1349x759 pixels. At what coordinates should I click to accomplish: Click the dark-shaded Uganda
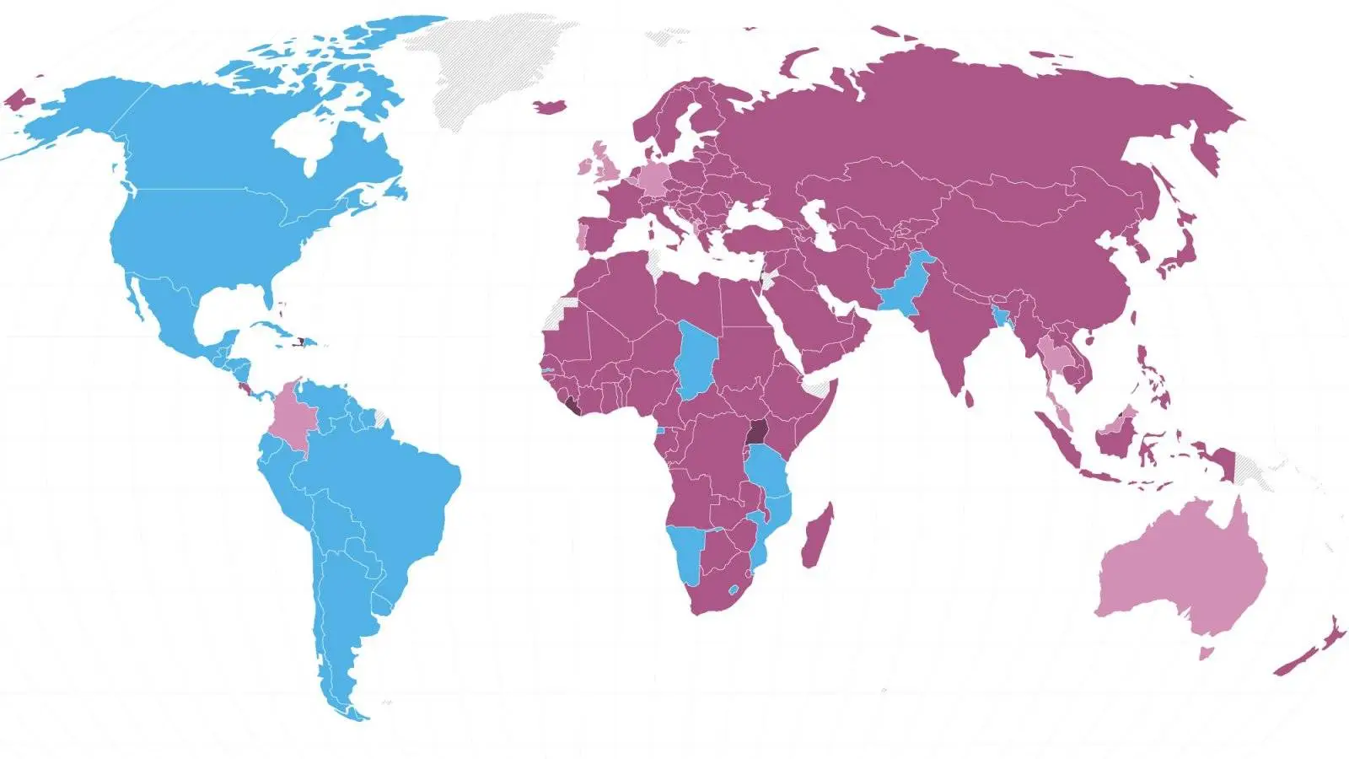point(758,432)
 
